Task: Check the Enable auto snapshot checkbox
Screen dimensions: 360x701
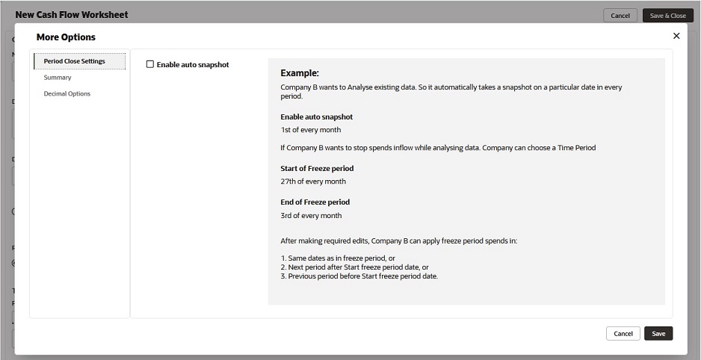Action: pyautogui.click(x=150, y=65)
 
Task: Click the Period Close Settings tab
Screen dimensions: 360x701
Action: pyautogui.click(x=75, y=61)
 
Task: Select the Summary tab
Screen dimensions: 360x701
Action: pyautogui.click(x=58, y=78)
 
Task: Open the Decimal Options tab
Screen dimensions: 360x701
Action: pyautogui.click(x=67, y=94)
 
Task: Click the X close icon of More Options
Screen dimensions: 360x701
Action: pyautogui.click(x=676, y=36)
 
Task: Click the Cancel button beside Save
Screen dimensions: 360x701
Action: pyautogui.click(x=623, y=334)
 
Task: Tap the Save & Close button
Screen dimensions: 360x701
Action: pyautogui.click(x=667, y=16)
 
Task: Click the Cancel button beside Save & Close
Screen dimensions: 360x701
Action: pyautogui.click(x=620, y=16)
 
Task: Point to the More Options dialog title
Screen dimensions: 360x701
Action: pyautogui.click(x=66, y=37)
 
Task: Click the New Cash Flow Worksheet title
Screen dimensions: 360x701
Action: pyautogui.click(x=72, y=15)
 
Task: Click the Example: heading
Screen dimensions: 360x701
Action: pyautogui.click(x=300, y=73)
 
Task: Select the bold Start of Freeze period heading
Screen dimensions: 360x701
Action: pyautogui.click(x=317, y=169)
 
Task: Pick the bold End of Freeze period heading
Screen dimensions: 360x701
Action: pyautogui.click(x=315, y=202)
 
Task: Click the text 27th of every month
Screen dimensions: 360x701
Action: pyautogui.click(x=313, y=181)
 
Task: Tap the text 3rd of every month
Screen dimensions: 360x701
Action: pyautogui.click(x=311, y=216)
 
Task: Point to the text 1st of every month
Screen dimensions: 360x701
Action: pyautogui.click(x=311, y=130)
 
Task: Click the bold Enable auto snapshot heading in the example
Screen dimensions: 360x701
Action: pyautogui.click(x=316, y=117)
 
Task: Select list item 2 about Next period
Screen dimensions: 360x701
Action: pyautogui.click(x=354, y=267)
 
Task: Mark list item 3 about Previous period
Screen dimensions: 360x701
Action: pyautogui.click(x=359, y=276)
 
